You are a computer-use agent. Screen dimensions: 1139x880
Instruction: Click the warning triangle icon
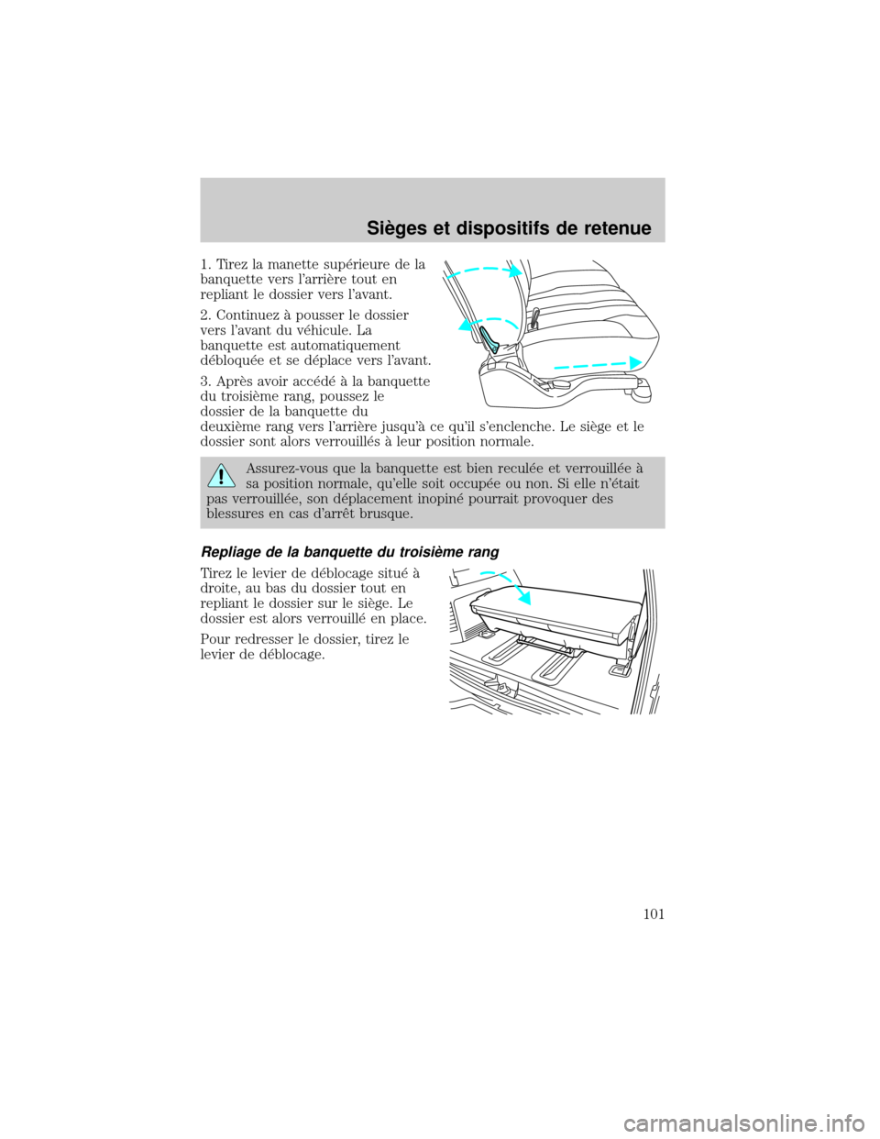point(220,475)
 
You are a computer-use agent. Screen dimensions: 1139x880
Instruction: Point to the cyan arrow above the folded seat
point(509,586)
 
